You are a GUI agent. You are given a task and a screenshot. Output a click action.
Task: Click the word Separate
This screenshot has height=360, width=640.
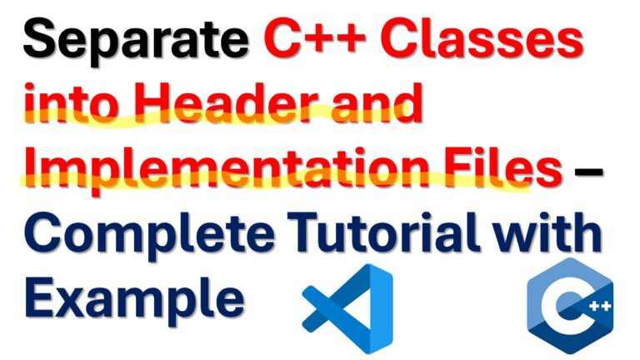136,41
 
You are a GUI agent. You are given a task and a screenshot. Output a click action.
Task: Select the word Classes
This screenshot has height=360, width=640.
482,38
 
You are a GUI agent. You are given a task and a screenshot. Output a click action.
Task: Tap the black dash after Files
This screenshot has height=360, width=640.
588,172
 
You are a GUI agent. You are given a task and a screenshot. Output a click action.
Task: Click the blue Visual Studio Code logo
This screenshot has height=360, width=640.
347,309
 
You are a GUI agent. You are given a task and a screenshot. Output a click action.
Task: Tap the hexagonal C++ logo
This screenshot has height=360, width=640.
570,306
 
